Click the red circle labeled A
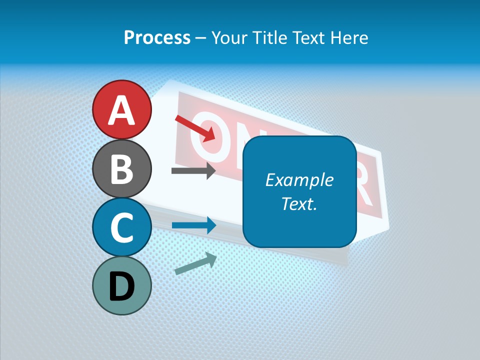click(x=122, y=109)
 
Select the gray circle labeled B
click(x=122, y=168)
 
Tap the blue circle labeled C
click(x=122, y=227)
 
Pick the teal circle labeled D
click(x=122, y=285)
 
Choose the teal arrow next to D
click(x=195, y=263)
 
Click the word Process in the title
click(x=157, y=37)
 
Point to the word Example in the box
click(x=299, y=180)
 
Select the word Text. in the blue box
click(x=299, y=203)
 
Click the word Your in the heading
click(x=228, y=37)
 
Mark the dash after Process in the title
click(x=200, y=38)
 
